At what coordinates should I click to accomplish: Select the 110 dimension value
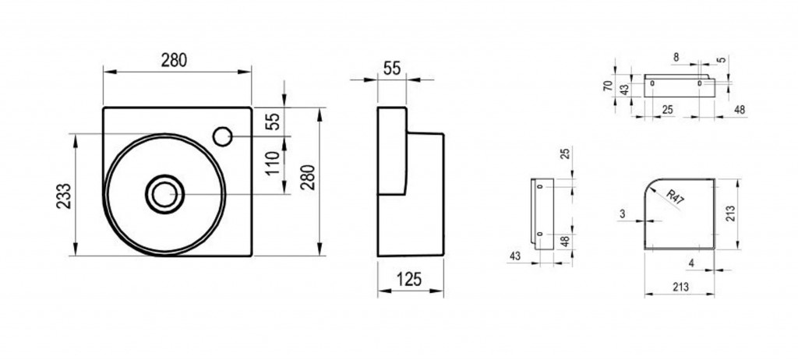[x=274, y=163]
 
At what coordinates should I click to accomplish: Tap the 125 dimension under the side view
[x=409, y=280]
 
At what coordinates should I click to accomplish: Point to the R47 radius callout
[x=675, y=197]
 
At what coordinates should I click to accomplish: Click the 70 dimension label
[x=608, y=86]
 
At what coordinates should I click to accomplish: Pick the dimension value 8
[x=676, y=58]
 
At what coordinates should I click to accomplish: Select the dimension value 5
[x=721, y=60]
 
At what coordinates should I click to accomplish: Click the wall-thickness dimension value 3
[x=623, y=214]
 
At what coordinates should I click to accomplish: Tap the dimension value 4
[x=690, y=263]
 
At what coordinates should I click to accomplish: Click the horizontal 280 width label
[x=174, y=61]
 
